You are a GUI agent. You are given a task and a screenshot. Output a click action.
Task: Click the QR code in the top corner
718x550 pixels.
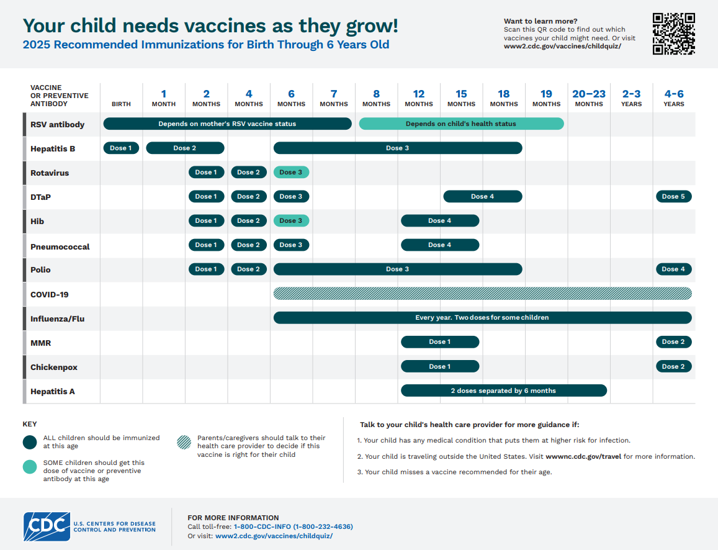click(x=673, y=34)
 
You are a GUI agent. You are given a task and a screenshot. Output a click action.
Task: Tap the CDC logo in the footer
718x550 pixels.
click(x=47, y=526)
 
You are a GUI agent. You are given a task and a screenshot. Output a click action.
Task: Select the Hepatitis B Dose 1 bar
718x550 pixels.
click(x=121, y=148)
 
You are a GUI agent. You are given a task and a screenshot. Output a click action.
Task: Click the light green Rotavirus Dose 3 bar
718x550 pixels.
click(x=291, y=172)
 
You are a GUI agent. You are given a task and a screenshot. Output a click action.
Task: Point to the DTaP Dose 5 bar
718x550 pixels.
click(x=673, y=196)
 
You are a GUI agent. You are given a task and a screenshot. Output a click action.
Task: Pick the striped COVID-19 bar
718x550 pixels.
click(x=482, y=294)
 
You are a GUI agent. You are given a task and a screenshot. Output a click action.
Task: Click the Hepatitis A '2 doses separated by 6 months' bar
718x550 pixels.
click(x=503, y=390)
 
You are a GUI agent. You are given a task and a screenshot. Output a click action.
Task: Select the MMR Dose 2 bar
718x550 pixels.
click(x=673, y=341)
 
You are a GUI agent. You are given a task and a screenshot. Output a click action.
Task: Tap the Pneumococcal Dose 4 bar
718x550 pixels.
click(x=439, y=245)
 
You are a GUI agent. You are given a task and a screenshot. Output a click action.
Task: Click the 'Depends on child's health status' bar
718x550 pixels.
click(x=461, y=124)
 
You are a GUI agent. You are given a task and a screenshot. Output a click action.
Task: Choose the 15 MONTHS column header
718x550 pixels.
click(x=461, y=98)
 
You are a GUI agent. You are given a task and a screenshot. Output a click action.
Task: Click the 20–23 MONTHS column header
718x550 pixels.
click(x=588, y=98)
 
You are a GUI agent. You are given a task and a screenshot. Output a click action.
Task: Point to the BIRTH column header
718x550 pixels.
click(x=121, y=104)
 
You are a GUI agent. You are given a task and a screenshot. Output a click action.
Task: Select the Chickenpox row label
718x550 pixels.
click(x=54, y=367)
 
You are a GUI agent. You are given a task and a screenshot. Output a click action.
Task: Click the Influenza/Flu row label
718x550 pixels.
click(x=57, y=319)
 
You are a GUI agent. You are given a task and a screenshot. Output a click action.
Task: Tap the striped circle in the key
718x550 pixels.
click(x=184, y=442)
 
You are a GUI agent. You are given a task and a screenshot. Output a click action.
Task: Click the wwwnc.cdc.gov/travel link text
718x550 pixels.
click(x=584, y=456)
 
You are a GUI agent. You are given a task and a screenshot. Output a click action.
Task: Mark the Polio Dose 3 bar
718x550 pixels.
click(x=397, y=269)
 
